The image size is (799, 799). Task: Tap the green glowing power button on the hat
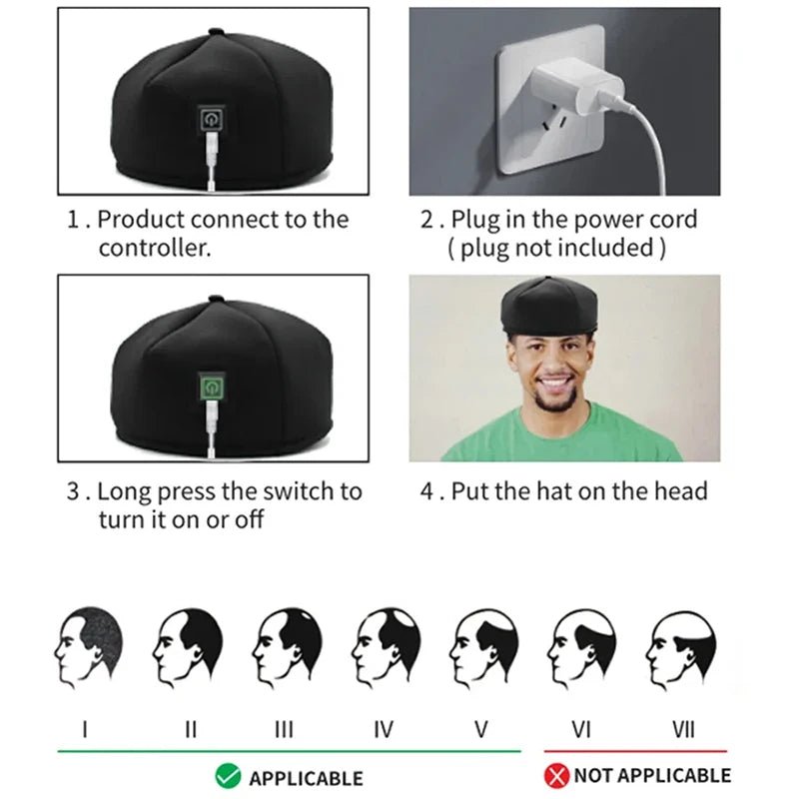pos(212,388)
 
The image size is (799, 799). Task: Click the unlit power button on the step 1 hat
pos(212,121)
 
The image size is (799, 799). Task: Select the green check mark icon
pos(227,776)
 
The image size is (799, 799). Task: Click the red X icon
pos(557,776)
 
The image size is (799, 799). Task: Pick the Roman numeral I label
pos(86,729)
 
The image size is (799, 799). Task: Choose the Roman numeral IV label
pos(383,729)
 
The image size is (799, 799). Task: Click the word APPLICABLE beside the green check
pos(306,777)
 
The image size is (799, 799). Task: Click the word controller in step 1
pos(154,249)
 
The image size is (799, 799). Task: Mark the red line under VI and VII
pos(635,750)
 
